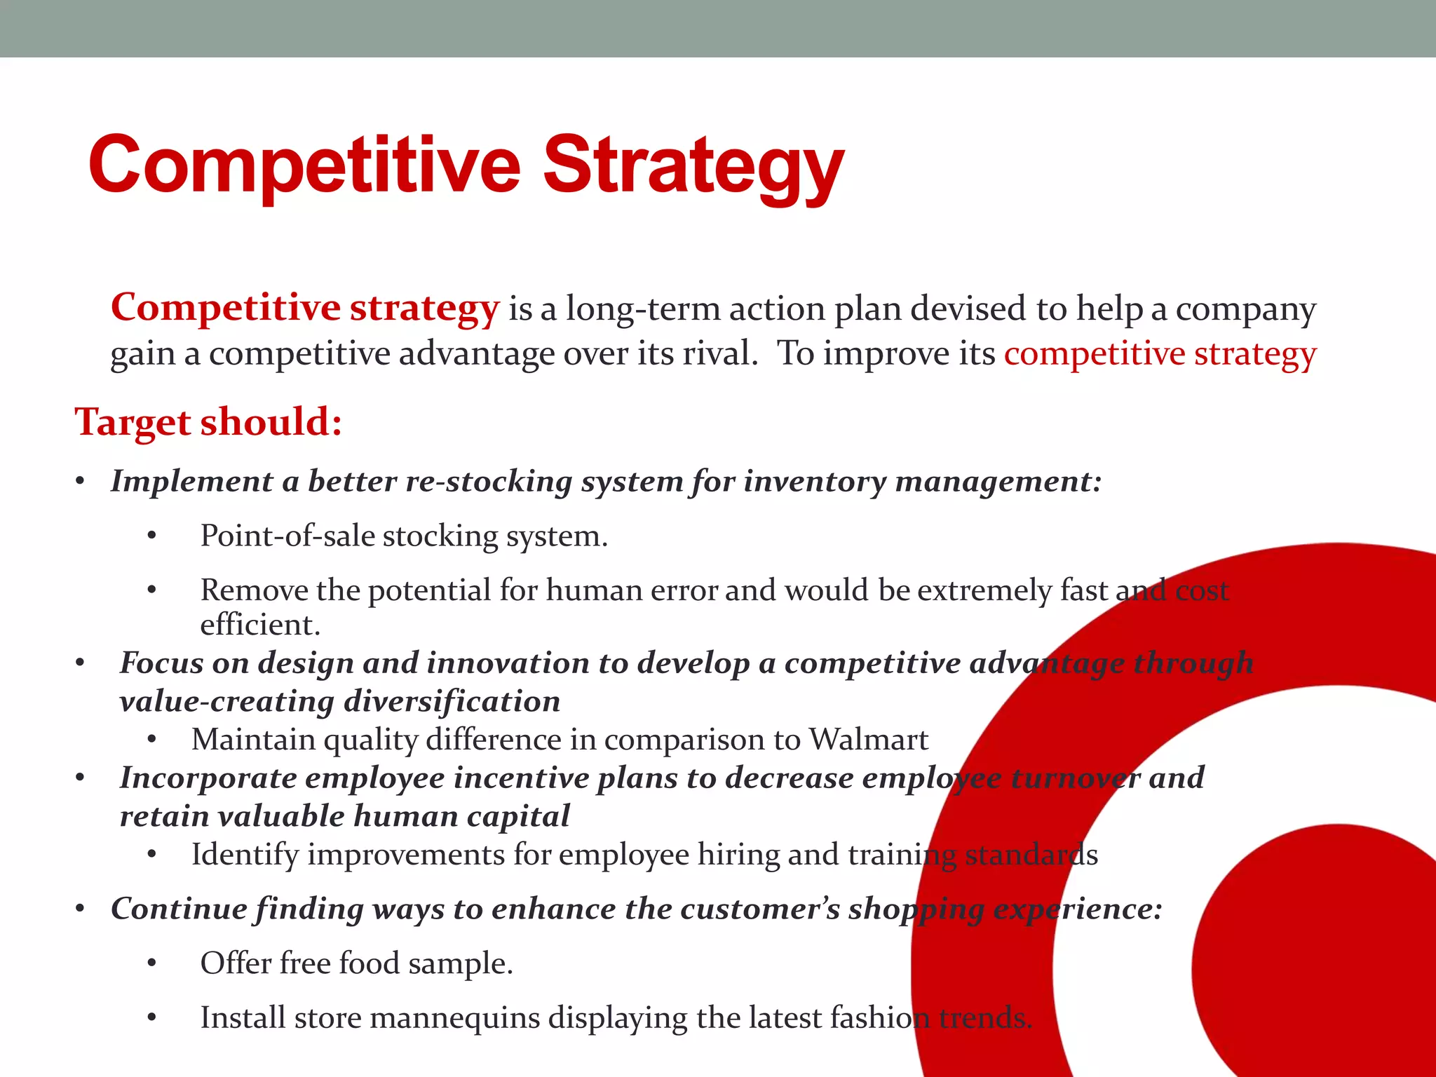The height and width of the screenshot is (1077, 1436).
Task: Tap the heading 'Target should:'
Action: point(208,422)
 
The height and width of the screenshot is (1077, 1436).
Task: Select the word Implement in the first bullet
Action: point(191,482)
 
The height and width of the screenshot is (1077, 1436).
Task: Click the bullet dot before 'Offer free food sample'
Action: point(151,964)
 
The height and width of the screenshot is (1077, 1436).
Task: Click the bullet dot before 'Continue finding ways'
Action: point(81,910)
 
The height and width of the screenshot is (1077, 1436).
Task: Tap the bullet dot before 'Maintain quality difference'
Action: point(151,740)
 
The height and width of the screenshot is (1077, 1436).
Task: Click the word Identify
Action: point(245,855)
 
